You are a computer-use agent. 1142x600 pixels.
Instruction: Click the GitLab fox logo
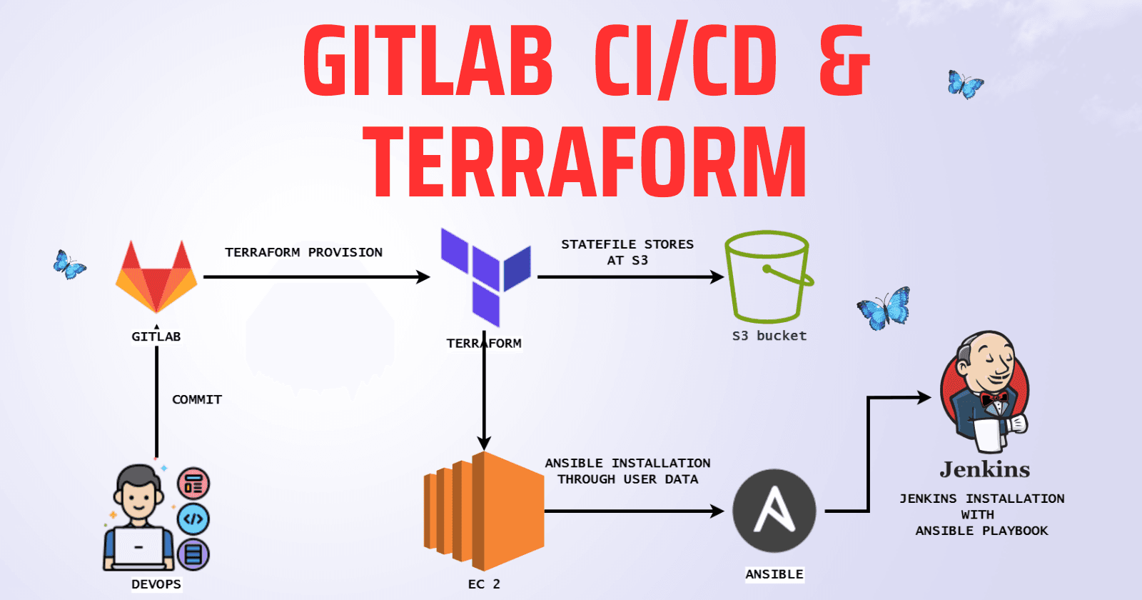click(156, 278)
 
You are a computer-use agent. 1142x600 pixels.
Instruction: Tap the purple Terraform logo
click(485, 276)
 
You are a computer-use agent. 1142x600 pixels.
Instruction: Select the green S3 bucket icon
click(768, 277)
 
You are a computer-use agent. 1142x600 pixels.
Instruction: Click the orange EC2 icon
click(485, 510)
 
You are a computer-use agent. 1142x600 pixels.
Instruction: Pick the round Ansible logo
click(774, 511)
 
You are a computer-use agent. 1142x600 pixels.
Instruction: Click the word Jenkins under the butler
click(985, 469)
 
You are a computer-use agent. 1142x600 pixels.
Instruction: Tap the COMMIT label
click(197, 399)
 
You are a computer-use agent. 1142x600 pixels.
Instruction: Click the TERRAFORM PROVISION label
click(304, 252)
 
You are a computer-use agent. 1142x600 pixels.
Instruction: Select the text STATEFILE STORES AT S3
click(627, 252)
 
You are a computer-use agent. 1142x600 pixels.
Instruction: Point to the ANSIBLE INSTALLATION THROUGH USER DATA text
click(627, 471)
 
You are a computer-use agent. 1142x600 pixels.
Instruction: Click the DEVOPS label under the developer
click(156, 584)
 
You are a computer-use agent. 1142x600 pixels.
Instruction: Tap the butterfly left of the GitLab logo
click(69, 265)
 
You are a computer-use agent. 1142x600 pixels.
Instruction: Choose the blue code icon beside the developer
click(193, 519)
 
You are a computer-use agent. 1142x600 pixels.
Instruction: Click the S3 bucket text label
click(769, 336)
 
